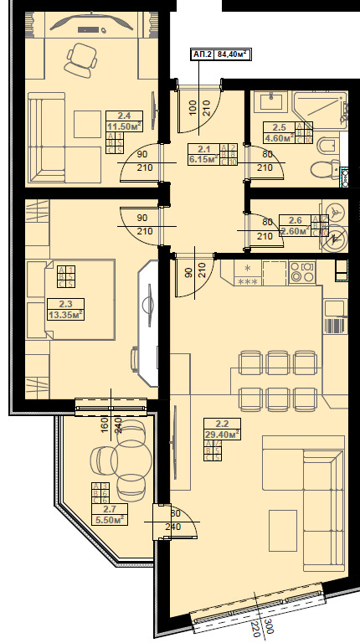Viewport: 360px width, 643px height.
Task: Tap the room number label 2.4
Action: [123, 116]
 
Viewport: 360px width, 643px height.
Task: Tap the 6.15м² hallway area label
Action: [202, 157]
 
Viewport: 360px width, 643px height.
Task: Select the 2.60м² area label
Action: [294, 230]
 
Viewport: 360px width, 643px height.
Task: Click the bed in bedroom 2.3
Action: [70, 299]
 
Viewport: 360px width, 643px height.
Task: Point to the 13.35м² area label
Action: [64, 315]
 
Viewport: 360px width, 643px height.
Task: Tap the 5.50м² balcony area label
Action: [109, 519]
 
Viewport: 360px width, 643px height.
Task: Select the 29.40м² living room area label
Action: [222, 434]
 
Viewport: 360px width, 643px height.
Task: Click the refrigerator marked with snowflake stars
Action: [249, 274]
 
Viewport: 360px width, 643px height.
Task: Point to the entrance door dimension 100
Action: [193, 106]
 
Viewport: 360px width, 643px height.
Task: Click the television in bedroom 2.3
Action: [150, 303]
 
